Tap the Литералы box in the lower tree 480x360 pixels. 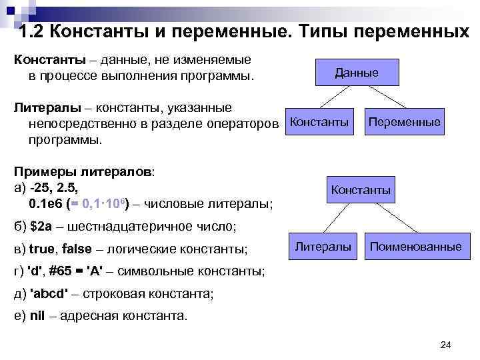(x=323, y=247)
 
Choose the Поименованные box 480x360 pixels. (x=415, y=247)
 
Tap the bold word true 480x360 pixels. (x=43, y=249)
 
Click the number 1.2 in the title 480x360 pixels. (x=32, y=32)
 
